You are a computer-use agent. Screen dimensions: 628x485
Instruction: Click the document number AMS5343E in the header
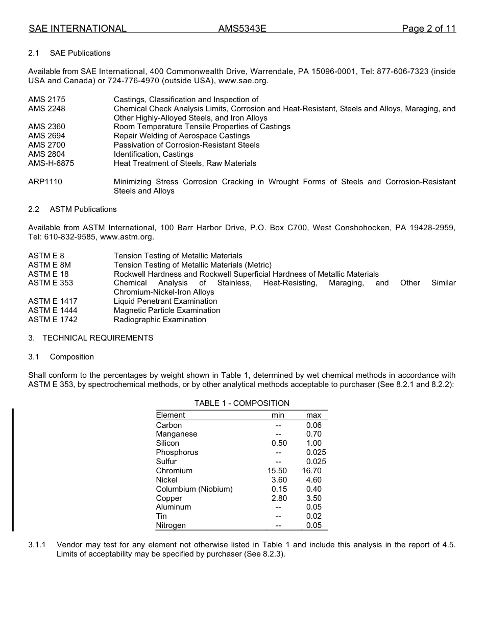pyautogui.click(x=242, y=29)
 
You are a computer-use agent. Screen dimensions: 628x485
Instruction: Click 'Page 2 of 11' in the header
pyautogui.click(x=428, y=29)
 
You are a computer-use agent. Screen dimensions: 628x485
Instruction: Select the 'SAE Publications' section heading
pyautogui.click(x=80, y=53)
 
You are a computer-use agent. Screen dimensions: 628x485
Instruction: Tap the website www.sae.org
pyautogui.click(x=243, y=81)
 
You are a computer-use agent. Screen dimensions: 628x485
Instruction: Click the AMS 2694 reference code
pyautogui.click(x=46, y=136)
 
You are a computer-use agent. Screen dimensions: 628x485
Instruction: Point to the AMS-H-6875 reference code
pyautogui.click(x=51, y=163)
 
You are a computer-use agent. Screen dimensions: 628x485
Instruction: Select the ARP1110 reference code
pyautogui.click(x=45, y=182)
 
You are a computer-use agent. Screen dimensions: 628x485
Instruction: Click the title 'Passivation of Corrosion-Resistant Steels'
pyautogui.click(x=186, y=145)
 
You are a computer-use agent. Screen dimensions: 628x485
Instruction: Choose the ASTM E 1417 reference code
pyautogui.click(x=53, y=301)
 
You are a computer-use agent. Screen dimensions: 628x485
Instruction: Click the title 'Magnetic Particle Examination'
pyautogui.click(x=167, y=310)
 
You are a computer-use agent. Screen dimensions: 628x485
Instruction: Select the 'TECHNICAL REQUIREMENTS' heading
pyautogui.click(x=98, y=338)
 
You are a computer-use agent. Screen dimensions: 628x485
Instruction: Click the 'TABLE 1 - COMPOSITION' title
pyautogui.click(x=241, y=403)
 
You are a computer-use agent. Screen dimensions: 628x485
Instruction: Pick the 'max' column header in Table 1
pyautogui.click(x=313, y=415)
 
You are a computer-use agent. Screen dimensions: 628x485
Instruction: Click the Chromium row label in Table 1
pyautogui.click(x=174, y=471)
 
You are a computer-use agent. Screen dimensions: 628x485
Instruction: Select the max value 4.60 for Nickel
pyautogui.click(x=313, y=480)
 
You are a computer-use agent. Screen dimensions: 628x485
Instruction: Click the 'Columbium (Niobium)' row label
pyautogui.click(x=194, y=489)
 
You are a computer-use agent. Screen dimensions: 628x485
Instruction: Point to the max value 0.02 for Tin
pyautogui.click(x=313, y=516)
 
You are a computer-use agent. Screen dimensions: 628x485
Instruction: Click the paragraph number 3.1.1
pyautogui.click(x=37, y=545)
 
